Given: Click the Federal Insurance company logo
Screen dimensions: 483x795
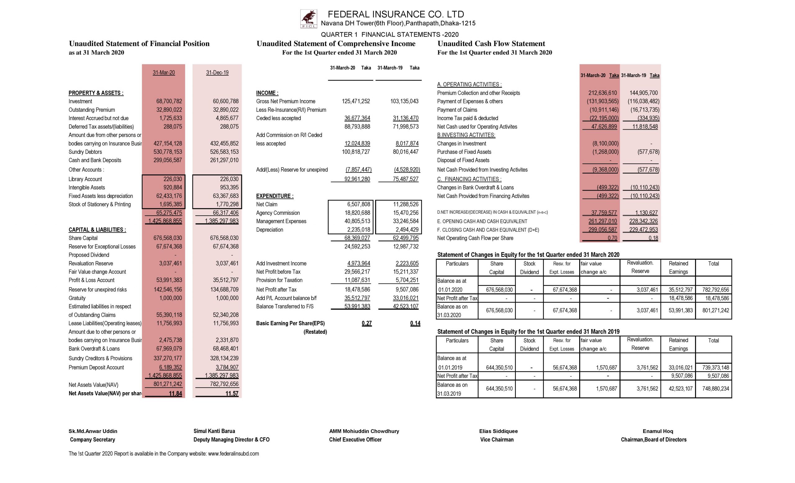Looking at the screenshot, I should coord(308,19).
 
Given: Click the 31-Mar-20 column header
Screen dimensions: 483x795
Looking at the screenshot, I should coord(164,73).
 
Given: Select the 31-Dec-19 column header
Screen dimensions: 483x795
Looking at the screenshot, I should coord(217,73).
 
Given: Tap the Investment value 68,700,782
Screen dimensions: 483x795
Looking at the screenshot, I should coord(169,101).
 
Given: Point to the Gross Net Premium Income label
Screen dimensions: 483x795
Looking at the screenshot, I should coord(285,101).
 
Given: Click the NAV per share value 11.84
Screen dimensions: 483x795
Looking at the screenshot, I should coord(175,393).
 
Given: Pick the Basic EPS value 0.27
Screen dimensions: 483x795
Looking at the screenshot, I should coord(366,324).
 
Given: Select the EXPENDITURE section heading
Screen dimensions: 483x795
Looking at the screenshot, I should coord(275,196).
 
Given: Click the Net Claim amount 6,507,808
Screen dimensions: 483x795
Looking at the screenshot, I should coord(358,205).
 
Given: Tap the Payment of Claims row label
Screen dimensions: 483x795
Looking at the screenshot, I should coord(457,110).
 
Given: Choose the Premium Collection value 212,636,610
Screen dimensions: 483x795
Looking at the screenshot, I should coord(602,93).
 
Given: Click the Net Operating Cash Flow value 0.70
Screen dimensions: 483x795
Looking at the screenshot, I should coord(612,238).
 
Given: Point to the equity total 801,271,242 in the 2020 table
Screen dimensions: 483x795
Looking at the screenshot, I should coord(715,310).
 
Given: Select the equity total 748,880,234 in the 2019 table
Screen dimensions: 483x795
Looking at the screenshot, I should coord(715,389).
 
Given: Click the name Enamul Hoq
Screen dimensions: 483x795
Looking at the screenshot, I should coord(657,431).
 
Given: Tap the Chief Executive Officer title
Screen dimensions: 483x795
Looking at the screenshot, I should coord(355,440).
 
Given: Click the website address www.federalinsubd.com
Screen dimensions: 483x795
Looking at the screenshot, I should coord(233,453).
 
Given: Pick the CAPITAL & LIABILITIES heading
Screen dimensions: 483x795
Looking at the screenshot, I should coord(97,230).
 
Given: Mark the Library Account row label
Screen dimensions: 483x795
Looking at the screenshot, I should coord(85,179).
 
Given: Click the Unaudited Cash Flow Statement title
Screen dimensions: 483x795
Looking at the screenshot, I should coord(491,44).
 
